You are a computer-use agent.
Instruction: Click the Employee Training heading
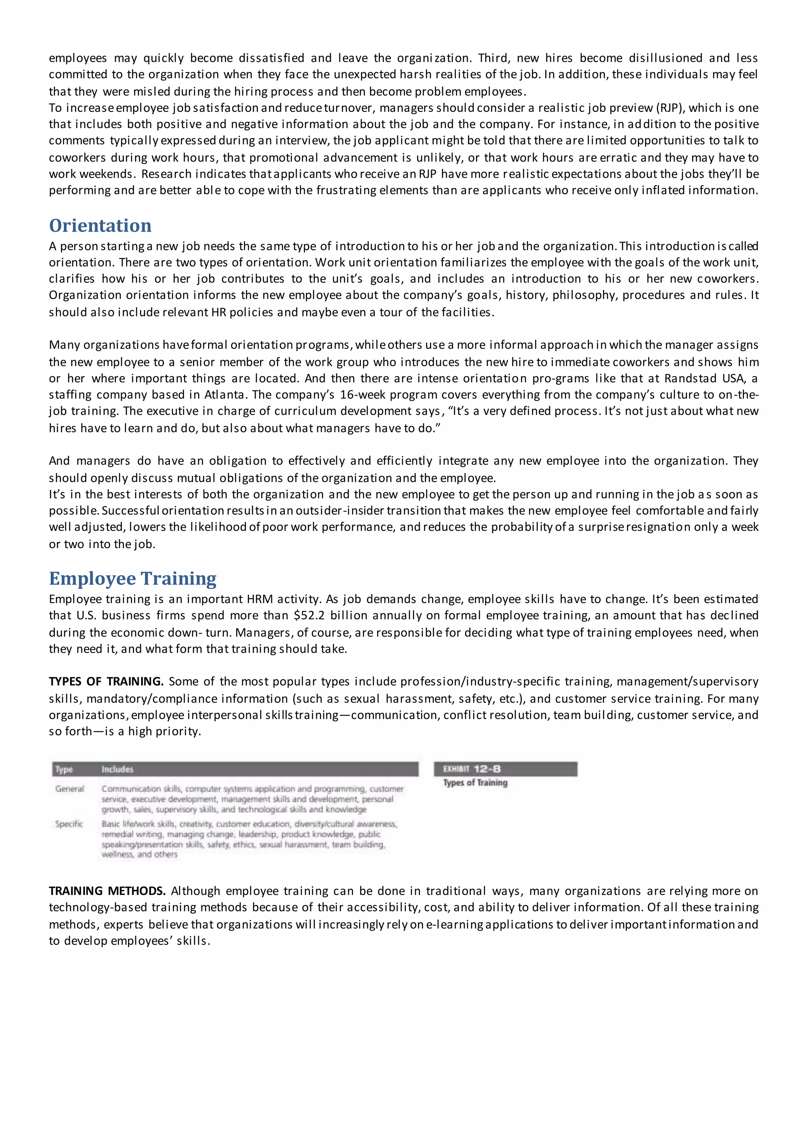point(133,578)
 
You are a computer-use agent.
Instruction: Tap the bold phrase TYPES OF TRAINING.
point(106,681)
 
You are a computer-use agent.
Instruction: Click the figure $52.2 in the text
point(309,616)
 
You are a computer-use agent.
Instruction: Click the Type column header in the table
point(64,769)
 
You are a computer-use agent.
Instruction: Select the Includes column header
point(117,769)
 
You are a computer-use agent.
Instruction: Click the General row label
point(70,789)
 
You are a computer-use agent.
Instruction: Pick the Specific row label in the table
point(69,824)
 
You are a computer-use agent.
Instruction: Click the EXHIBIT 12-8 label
point(472,769)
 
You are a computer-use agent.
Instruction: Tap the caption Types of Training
point(475,783)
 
